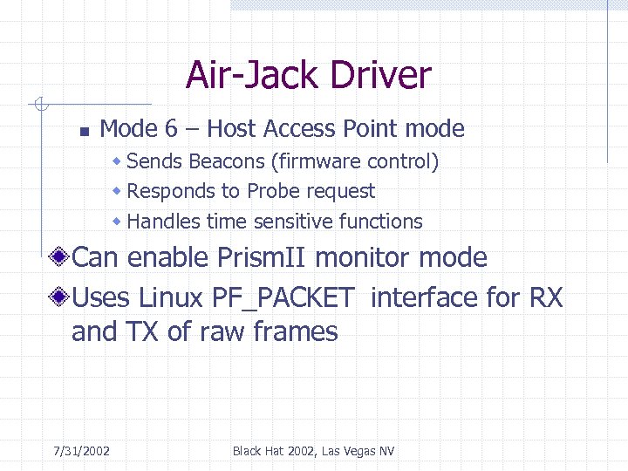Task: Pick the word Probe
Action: tap(276, 191)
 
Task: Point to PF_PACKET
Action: tap(283, 298)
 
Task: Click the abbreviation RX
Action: tap(546, 298)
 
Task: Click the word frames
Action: tap(295, 332)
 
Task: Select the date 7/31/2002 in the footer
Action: tap(81, 451)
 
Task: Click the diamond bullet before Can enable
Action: tap(60, 257)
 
